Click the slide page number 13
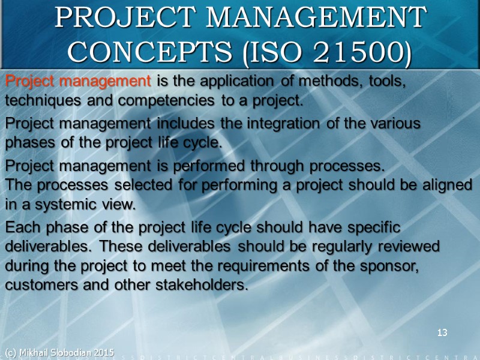tap(443, 332)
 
